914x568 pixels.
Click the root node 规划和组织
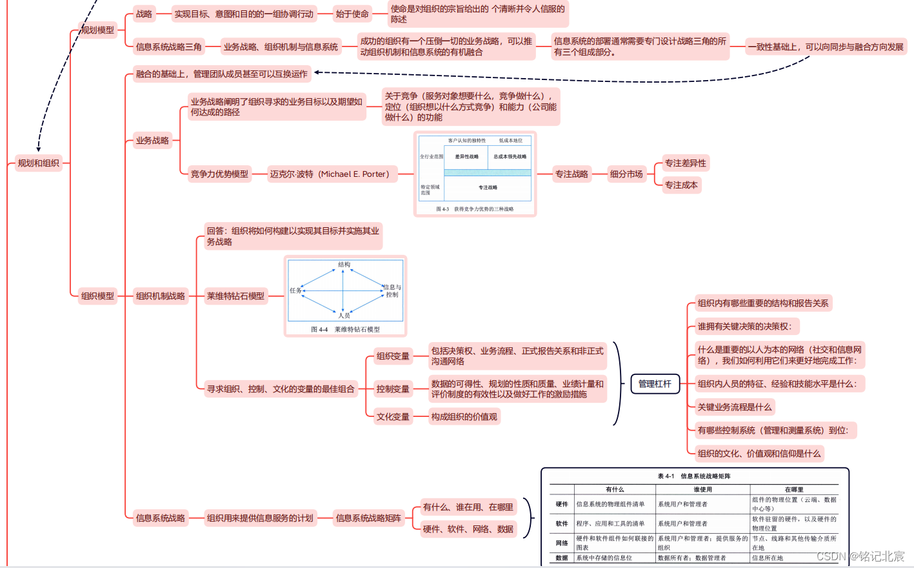(x=39, y=163)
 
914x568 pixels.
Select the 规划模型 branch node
(x=97, y=30)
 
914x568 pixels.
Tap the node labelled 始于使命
(x=352, y=14)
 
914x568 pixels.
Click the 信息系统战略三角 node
(x=168, y=46)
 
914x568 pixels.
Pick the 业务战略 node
(x=152, y=140)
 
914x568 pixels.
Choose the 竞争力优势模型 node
(x=219, y=174)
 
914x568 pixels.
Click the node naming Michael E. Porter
(x=330, y=174)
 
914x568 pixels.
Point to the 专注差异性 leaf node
(x=686, y=163)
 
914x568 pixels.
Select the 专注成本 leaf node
(x=681, y=185)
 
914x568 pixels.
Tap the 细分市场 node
(x=626, y=174)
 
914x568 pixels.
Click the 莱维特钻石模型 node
(x=235, y=296)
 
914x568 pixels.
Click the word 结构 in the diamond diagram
(x=344, y=265)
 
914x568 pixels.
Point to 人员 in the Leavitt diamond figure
(x=344, y=315)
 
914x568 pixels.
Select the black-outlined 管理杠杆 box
(x=655, y=384)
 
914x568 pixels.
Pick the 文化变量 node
(x=393, y=417)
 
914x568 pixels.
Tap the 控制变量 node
(x=393, y=389)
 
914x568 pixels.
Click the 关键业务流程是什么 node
(x=734, y=407)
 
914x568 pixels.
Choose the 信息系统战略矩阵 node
(x=368, y=518)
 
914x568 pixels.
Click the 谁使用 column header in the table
(x=702, y=489)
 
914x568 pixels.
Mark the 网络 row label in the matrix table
(x=562, y=543)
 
